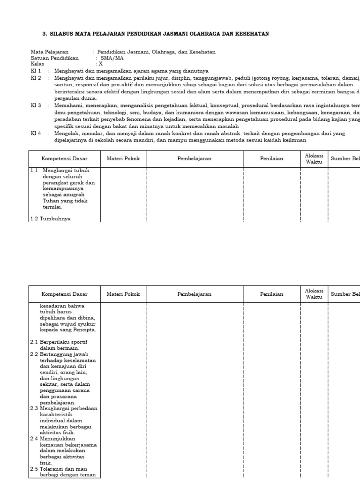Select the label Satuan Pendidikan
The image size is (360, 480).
(55, 58)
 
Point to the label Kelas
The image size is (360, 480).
(37, 64)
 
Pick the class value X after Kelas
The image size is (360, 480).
(100, 64)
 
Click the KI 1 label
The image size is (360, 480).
(36, 71)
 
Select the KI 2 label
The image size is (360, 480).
(36, 78)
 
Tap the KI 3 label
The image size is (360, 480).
(36, 105)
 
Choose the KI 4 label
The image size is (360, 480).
(36, 133)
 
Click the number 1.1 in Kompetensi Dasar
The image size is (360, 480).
(34, 171)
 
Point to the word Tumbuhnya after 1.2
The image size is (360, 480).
(55, 218)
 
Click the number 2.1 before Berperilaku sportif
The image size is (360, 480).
(34, 342)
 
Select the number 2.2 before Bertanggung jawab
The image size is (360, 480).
(34, 354)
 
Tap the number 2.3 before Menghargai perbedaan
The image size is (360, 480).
(34, 408)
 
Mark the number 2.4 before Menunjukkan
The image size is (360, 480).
(34, 438)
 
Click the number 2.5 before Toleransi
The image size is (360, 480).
(34, 469)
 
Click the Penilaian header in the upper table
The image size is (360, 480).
(272, 158)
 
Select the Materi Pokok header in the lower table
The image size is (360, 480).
(123, 294)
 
